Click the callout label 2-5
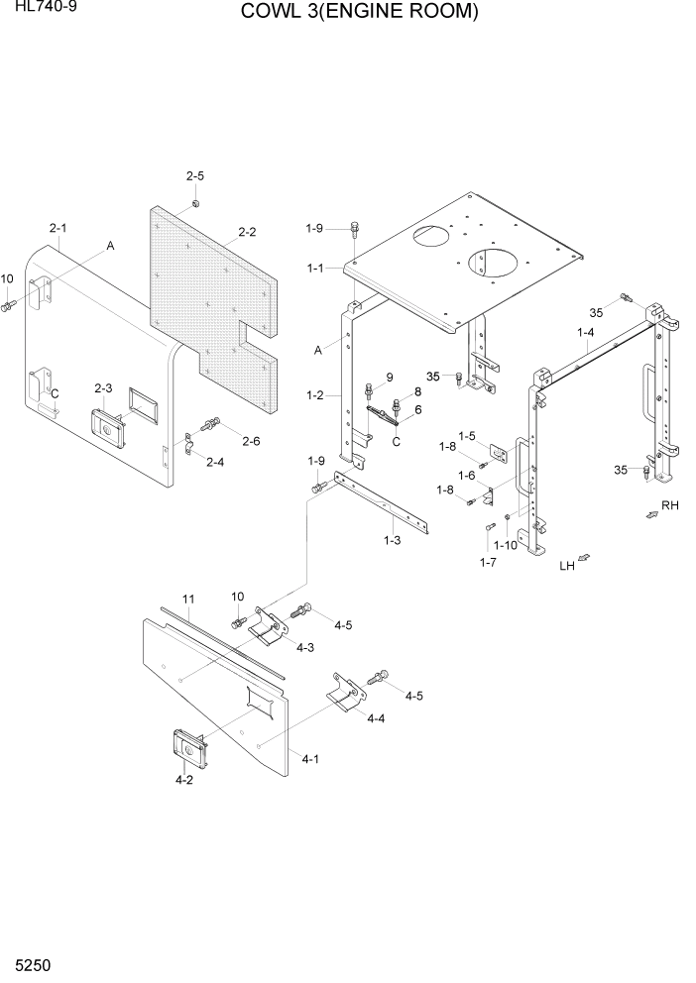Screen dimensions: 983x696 (x=194, y=176)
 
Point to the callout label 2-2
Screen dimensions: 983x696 (x=247, y=232)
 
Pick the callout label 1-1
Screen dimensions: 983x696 (x=316, y=268)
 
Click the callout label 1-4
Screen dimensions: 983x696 (x=586, y=334)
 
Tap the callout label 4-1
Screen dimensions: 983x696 (x=309, y=758)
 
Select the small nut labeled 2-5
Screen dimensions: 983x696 (x=195, y=203)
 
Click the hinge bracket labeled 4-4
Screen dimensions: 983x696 (x=343, y=694)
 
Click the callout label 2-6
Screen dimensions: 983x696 (x=251, y=441)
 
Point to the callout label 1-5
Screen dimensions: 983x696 (x=466, y=435)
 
